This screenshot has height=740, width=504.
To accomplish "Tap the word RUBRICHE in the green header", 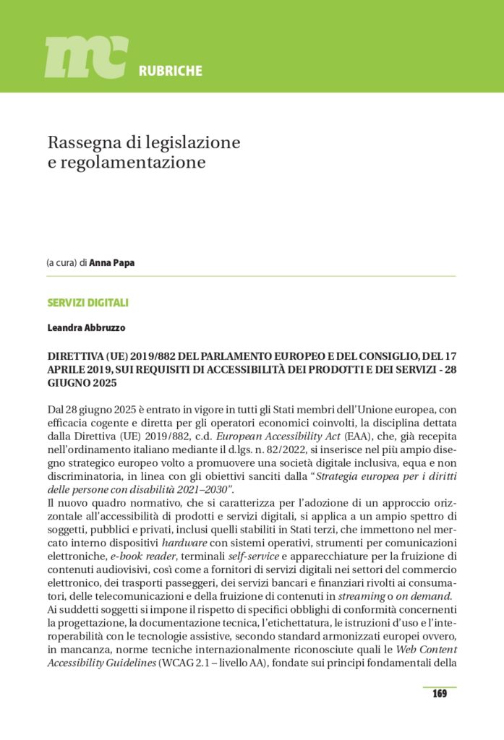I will click(x=170, y=71).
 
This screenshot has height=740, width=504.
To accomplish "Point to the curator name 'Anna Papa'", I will click(x=111, y=263).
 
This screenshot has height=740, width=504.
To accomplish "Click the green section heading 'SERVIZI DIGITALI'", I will click(x=87, y=303).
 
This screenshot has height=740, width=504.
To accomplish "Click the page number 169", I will click(x=439, y=694).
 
